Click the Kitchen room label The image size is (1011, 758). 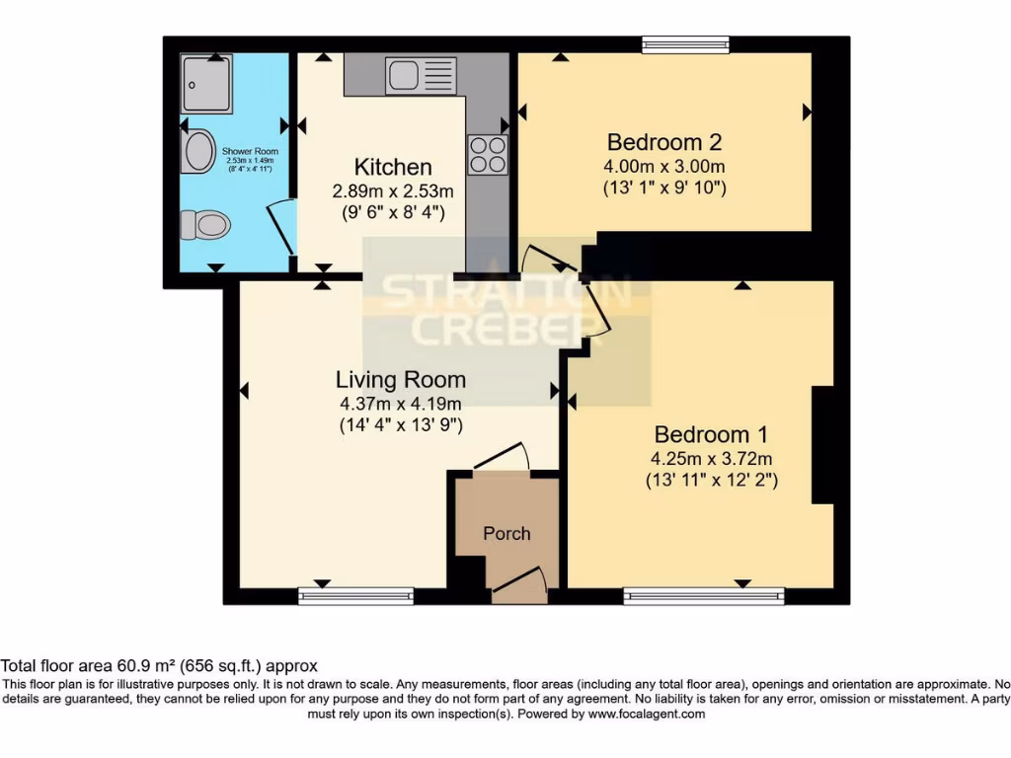click(x=393, y=167)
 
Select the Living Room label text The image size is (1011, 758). click(x=400, y=379)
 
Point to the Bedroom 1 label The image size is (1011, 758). click(x=711, y=434)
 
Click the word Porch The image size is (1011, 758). click(x=506, y=534)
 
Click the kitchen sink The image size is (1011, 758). click(x=421, y=76)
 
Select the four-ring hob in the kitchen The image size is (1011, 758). click(x=487, y=154)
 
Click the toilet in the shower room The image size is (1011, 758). click(x=205, y=225)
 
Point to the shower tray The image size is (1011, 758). click(x=206, y=84)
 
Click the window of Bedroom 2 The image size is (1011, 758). click(x=685, y=43)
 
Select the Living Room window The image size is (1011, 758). click(x=355, y=596)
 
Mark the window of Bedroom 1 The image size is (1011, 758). click(x=704, y=596)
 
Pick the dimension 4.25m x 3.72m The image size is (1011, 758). click(x=711, y=459)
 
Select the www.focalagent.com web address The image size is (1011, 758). click(x=648, y=714)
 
